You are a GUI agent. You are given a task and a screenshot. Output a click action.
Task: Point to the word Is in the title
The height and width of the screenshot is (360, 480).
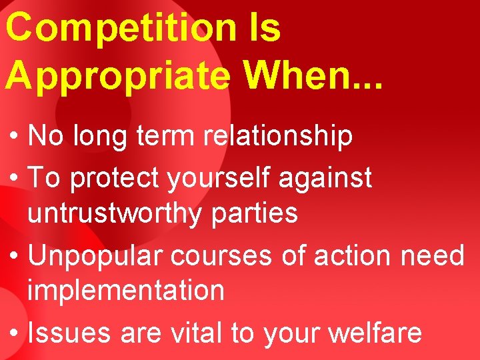point(264,28)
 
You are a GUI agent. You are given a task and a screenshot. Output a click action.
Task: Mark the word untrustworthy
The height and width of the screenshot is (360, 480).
point(113,213)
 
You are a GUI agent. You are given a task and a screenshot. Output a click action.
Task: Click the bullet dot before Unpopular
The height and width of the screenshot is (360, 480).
point(14,256)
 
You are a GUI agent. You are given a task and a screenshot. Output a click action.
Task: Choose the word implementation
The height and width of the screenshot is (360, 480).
point(126,290)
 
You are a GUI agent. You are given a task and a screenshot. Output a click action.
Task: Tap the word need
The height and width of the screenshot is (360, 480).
point(437,255)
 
